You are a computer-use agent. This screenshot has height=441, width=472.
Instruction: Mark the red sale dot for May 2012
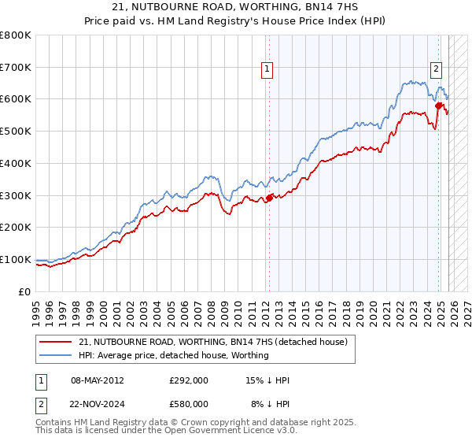coord(269,198)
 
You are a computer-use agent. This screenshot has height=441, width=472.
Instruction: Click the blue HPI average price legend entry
coord(173,355)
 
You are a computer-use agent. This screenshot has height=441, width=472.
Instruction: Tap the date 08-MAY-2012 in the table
coord(98,380)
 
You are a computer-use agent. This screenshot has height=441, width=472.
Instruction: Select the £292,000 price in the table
coord(188,380)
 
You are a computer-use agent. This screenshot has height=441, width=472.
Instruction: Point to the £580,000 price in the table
coord(188,404)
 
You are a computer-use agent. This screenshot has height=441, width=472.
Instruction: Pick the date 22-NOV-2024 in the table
coord(98,404)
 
